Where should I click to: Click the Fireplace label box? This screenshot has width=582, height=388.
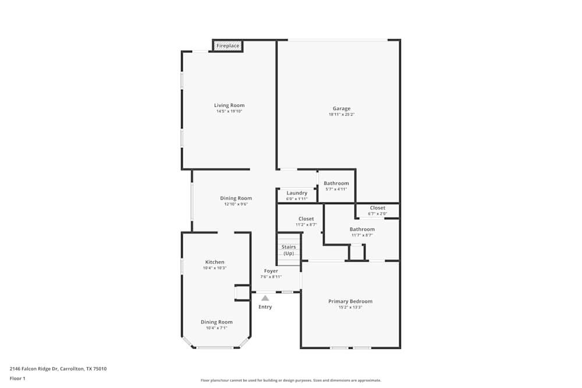click(228, 45)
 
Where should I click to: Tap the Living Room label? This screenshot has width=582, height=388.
click(229, 105)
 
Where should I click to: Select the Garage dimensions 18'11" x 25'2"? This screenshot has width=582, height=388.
click(342, 115)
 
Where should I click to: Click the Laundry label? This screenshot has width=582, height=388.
click(297, 193)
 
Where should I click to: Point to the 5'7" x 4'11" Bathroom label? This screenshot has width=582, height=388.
click(336, 183)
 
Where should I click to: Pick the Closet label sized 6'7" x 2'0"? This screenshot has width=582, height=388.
click(378, 208)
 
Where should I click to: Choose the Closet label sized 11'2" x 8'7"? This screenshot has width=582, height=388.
click(306, 219)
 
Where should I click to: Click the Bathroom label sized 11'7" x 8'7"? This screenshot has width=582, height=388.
click(362, 229)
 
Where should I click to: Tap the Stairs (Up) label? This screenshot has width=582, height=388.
click(289, 250)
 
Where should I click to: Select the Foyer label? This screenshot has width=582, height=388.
click(271, 271)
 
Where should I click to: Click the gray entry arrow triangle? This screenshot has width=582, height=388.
click(265, 298)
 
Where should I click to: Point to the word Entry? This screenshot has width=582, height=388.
click(265, 307)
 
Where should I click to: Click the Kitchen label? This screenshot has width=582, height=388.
click(215, 262)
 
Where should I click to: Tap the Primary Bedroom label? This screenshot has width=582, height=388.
click(350, 301)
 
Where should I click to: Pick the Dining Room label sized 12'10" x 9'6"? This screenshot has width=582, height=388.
click(236, 198)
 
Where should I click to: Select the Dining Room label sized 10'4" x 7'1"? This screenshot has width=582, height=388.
click(217, 322)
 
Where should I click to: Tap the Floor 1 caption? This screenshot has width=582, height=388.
click(17, 378)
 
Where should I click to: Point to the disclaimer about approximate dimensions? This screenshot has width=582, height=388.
click(290, 380)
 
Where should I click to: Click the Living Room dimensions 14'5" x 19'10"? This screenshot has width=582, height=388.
click(229, 111)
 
